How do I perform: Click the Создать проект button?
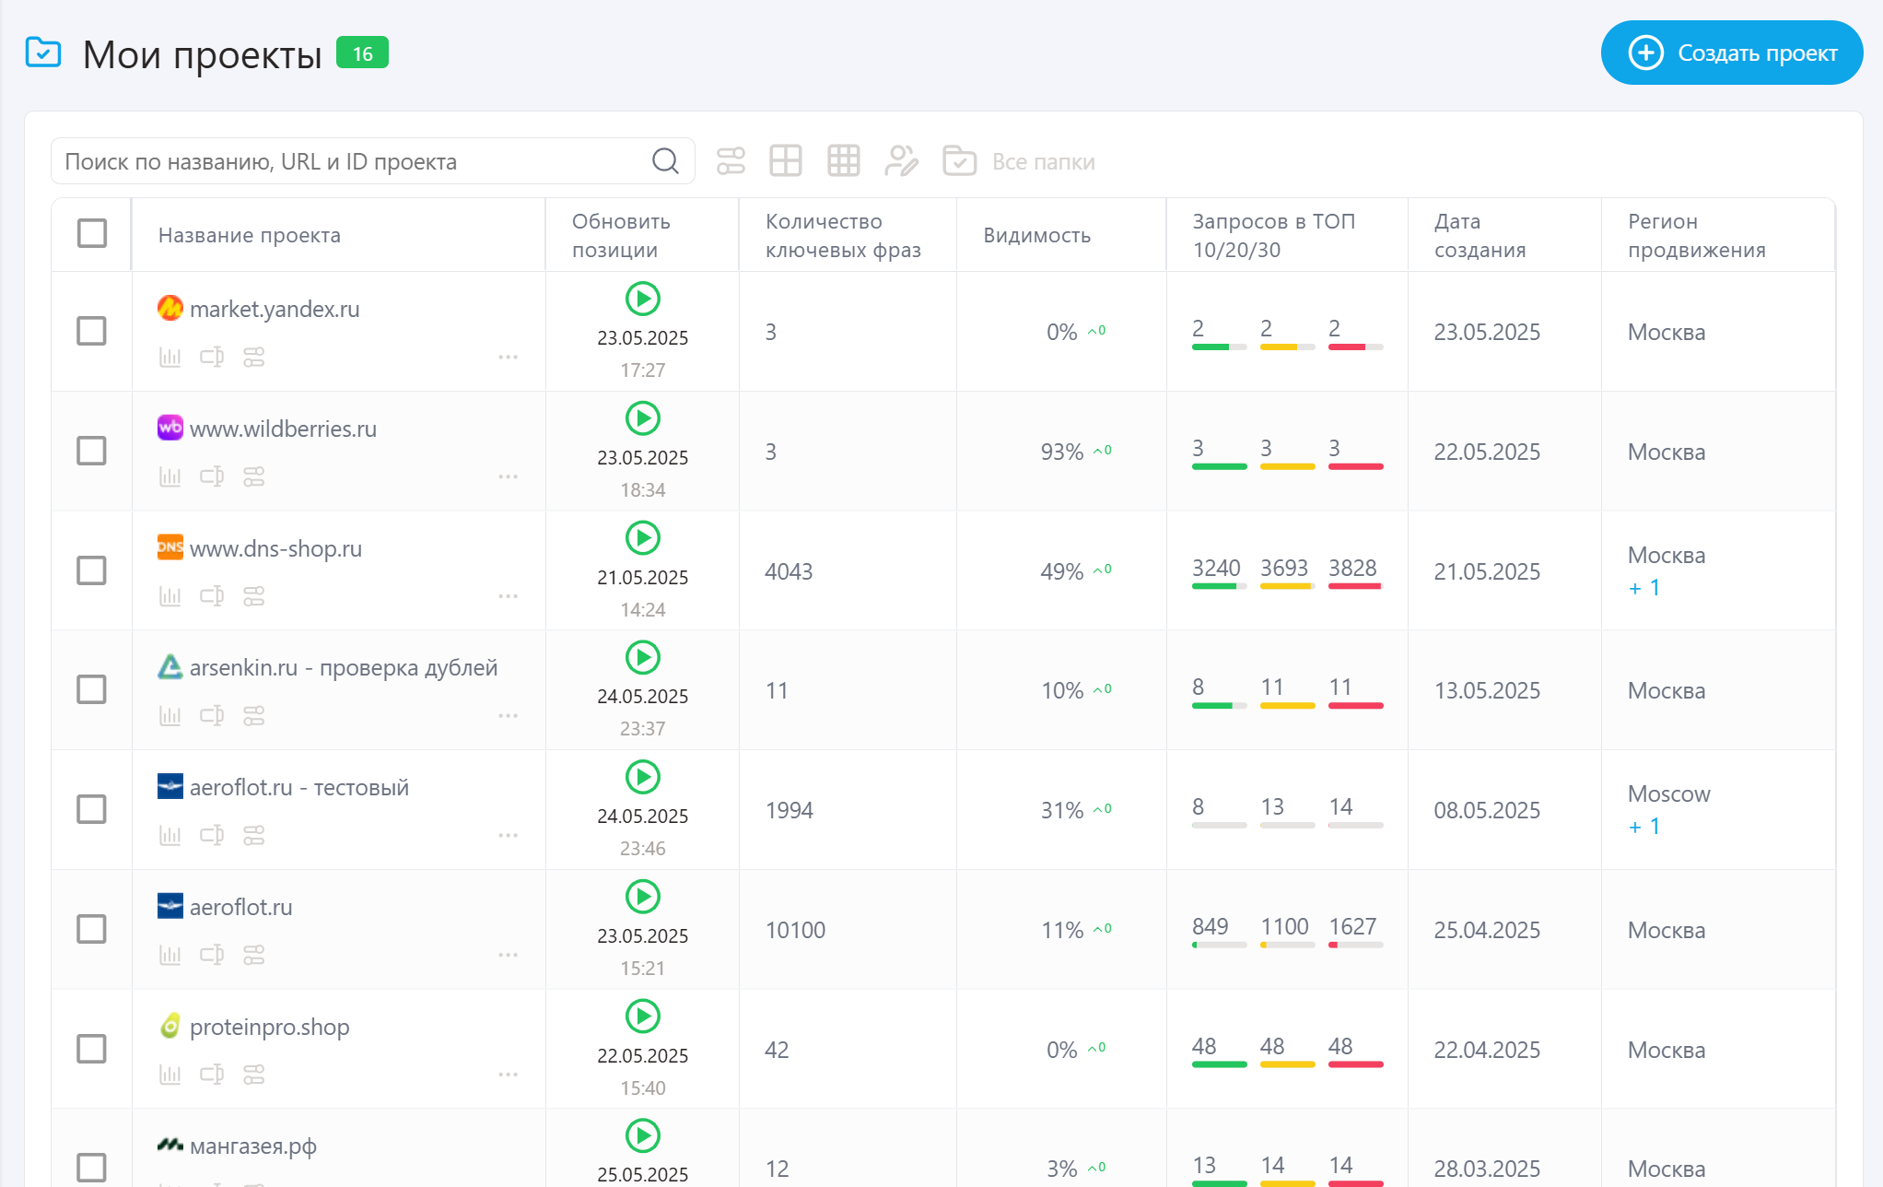(x=1731, y=53)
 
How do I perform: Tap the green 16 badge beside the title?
(x=362, y=53)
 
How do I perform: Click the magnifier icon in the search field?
(x=665, y=161)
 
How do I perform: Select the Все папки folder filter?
(x=1043, y=162)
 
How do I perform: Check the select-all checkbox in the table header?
(x=92, y=233)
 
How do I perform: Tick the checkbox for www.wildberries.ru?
(x=91, y=451)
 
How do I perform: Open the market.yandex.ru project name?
(x=274, y=309)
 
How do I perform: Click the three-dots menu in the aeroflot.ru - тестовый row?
(x=508, y=835)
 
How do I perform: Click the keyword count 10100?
(x=795, y=930)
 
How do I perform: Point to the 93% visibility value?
(x=1061, y=452)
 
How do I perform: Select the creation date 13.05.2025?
(x=1486, y=690)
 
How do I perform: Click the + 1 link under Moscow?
(x=1644, y=827)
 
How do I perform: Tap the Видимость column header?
(x=1036, y=235)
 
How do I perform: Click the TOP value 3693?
(x=1284, y=568)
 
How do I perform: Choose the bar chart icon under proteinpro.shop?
(x=170, y=1075)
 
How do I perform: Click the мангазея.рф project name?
(x=252, y=1146)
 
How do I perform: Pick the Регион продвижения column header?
(x=1696, y=235)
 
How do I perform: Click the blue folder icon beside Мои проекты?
(x=43, y=53)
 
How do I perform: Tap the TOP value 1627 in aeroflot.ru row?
(x=1351, y=926)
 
